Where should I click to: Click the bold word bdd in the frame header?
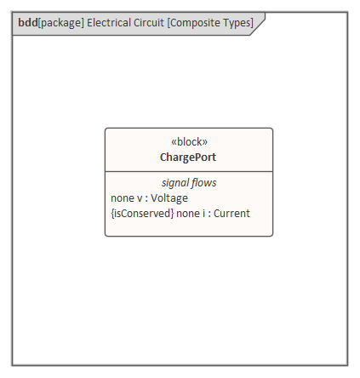click(28, 23)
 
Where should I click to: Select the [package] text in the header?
click(61, 23)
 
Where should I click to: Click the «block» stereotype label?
click(189, 141)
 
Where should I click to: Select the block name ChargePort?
click(188, 157)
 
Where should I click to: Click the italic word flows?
click(204, 182)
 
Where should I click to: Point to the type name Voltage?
click(169, 198)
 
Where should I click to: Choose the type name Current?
click(231, 214)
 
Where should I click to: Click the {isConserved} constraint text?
click(142, 214)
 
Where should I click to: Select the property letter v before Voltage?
click(140, 198)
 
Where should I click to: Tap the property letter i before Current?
click(203, 214)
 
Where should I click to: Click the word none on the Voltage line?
click(123, 198)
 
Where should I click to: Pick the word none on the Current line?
click(188, 214)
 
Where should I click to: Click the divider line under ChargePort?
click(189, 171)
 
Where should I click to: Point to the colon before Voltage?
click(146, 199)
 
